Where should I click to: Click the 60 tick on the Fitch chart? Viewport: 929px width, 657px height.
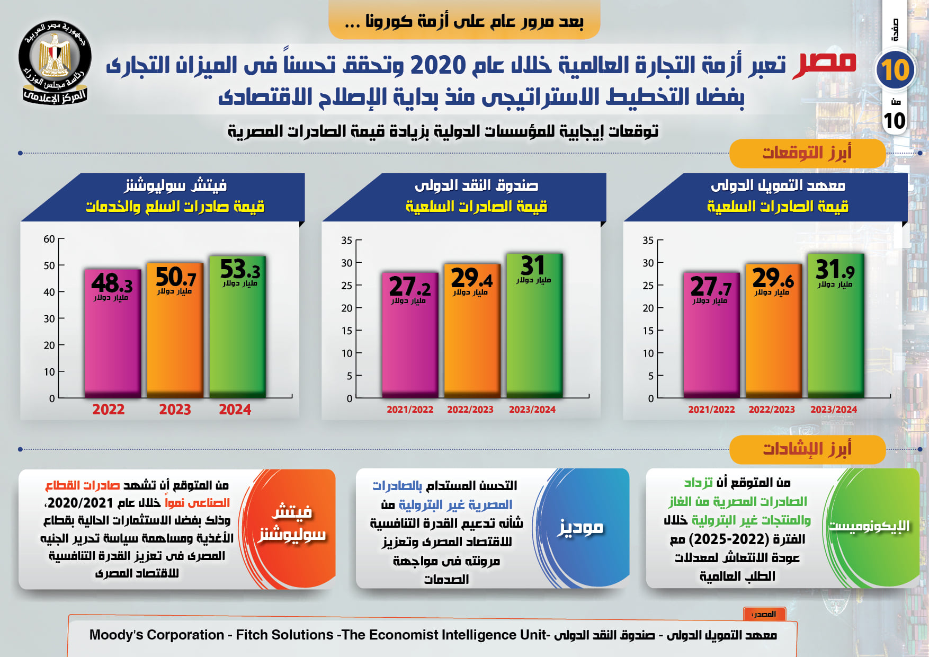click(x=49, y=239)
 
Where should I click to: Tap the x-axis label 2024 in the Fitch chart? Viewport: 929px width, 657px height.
click(x=235, y=410)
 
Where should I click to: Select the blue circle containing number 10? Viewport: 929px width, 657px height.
click(x=895, y=70)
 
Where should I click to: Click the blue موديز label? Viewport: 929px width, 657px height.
click(x=580, y=527)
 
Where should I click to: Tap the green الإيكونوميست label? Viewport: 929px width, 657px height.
click(x=869, y=526)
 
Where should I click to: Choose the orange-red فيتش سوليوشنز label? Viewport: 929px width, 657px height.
click(x=292, y=523)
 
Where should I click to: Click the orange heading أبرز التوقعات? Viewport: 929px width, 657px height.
click(x=807, y=153)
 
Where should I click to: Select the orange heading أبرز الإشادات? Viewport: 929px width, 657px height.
click(x=807, y=449)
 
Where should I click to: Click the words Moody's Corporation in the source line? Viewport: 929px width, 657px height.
click(x=157, y=635)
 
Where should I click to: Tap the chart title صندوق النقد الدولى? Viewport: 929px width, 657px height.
click(x=476, y=185)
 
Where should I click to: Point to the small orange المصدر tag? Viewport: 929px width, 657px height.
click(x=764, y=614)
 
